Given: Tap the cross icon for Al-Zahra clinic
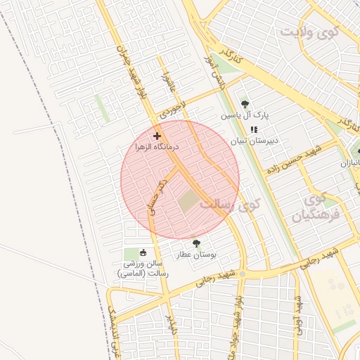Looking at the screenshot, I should click(x=157, y=135).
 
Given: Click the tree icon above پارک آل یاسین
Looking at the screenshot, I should click(x=245, y=103).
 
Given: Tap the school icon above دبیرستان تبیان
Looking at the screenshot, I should click(x=255, y=129).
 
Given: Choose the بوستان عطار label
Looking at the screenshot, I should click(x=196, y=255).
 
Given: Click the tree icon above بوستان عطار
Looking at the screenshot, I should click(x=196, y=243).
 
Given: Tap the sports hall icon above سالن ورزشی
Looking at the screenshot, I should click(x=143, y=252).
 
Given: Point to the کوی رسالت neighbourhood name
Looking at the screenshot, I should click(x=229, y=205).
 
